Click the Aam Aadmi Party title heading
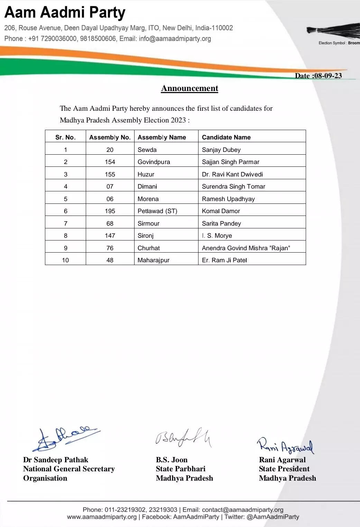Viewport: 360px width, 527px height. tap(65, 13)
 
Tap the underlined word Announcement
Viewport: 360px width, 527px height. tap(190, 88)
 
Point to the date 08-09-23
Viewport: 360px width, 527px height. tap(327, 76)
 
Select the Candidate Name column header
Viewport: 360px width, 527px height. tap(226, 137)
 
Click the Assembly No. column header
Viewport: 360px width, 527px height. tap(110, 137)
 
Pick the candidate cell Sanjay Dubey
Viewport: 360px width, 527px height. tap(221, 150)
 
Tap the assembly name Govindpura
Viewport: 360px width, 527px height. tap(154, 162)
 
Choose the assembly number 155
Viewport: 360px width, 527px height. tap(110, 174)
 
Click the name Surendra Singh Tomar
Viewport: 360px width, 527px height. tap(233, 187)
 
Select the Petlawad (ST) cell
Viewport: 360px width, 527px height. tap(157, 211)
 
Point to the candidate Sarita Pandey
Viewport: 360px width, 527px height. tap(221, 224)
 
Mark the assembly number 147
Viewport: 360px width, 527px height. tap(110, 236)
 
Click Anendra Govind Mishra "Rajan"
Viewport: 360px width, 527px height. tap(246, 248)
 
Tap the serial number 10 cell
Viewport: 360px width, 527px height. tap(65, 260)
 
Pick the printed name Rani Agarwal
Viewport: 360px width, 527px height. tap(282, 460)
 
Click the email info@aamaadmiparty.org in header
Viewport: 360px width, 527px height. tap(175, 39)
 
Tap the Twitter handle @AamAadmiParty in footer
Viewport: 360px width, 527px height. tap(272, 517)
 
